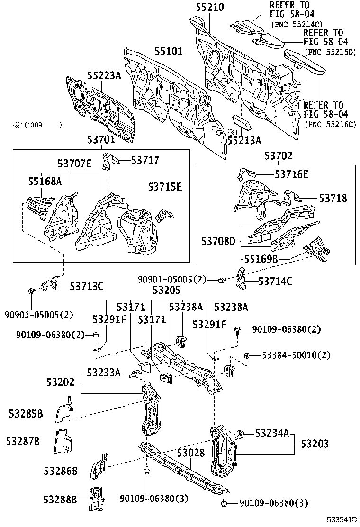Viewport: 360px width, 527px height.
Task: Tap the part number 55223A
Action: click(104, 75)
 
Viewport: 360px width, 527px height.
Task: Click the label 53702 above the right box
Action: click(279, 155)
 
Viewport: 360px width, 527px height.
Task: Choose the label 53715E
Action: click(164, 187)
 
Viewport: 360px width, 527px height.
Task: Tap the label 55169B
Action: click(261, 259)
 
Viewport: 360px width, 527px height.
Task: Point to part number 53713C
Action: click(87, 286)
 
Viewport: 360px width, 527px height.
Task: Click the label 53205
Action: click(166, 290)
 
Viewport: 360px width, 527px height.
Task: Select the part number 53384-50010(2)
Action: click(290, 355)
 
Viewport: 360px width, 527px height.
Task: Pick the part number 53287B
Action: click(23, 441)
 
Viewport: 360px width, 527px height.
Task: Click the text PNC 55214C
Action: click(296, 24)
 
